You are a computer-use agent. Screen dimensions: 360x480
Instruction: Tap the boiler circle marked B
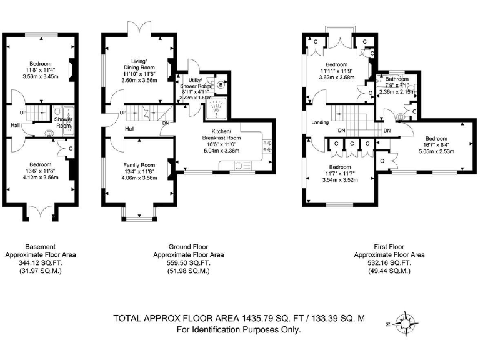pos(222,86)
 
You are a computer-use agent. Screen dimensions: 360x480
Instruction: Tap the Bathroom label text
pos(396,79)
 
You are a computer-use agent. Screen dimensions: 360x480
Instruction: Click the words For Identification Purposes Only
pos(239,329)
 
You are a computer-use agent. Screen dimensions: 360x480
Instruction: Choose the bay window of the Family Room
pos(139,216)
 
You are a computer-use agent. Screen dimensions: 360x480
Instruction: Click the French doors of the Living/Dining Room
pos(139,29)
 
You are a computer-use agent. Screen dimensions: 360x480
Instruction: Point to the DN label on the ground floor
pos(166,123)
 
